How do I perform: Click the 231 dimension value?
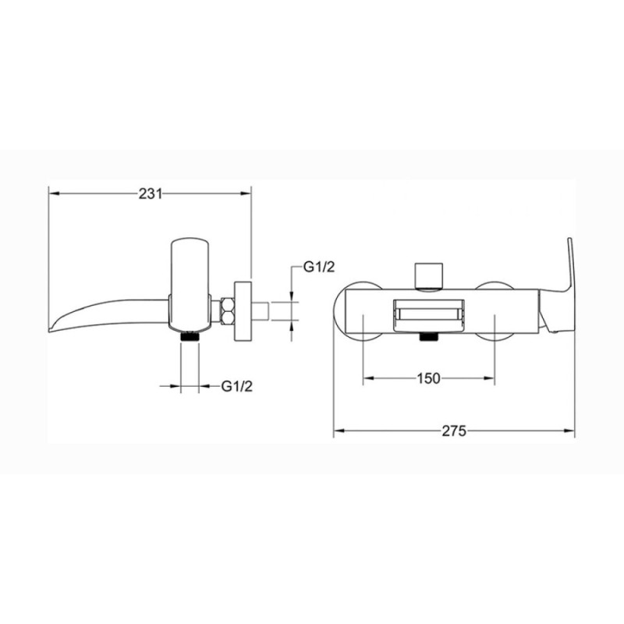(x=151, y=193)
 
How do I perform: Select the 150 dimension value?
(x=428, y=378)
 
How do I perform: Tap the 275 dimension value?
(x=454, y=431)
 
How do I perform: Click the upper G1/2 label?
(x=319, y=268)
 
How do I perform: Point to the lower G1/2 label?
(x=237, y=386)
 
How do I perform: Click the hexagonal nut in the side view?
(x=229, y=311)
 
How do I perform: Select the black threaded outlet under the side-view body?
(x=190, y=336)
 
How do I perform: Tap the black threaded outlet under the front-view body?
(x=428, y=337)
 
